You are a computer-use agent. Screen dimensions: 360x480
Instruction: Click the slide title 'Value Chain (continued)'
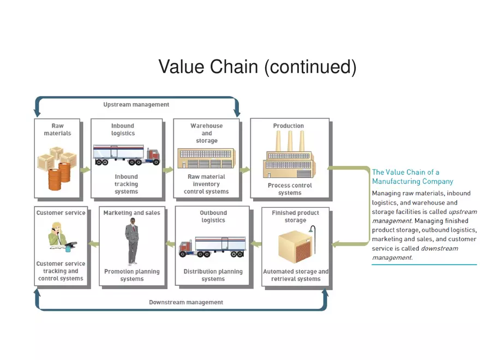257,67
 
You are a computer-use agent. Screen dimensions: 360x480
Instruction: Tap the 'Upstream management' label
136,105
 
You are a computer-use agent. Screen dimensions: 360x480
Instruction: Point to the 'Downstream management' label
186,302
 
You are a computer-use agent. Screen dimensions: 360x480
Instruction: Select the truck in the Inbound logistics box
127,154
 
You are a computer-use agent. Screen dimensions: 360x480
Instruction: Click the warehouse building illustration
206,158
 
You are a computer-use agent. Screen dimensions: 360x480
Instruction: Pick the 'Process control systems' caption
290,189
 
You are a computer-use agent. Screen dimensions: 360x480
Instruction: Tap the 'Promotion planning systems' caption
132,275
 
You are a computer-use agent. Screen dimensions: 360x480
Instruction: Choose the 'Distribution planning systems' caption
213,275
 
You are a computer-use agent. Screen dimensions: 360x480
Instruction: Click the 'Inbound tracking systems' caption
126,184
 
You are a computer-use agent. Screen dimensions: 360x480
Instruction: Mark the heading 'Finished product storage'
295,217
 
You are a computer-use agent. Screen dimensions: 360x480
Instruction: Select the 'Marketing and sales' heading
132,213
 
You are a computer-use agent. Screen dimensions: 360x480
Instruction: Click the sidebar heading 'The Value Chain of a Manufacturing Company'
412,177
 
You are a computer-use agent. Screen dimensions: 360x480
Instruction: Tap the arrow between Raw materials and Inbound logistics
85,170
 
